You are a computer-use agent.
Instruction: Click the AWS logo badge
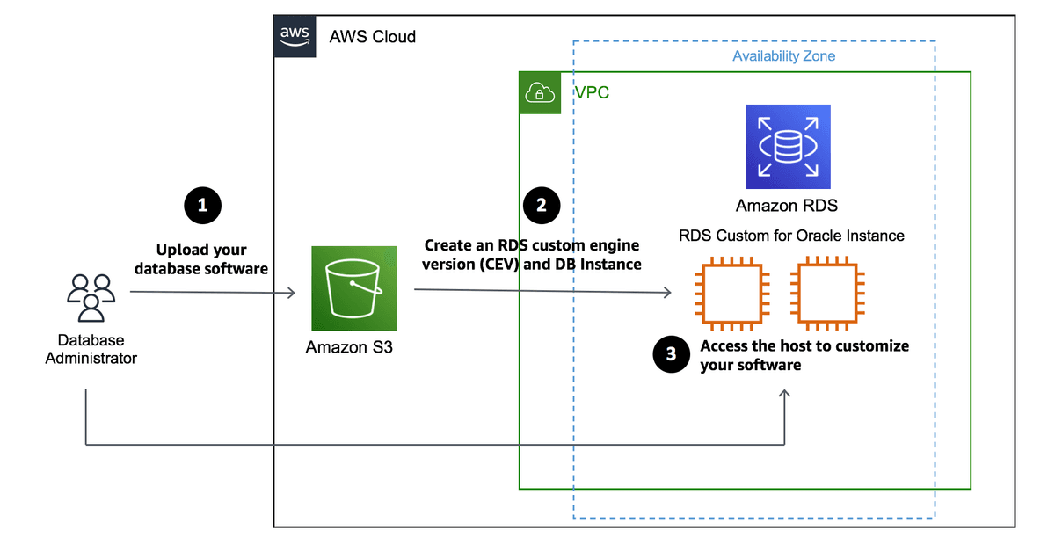[x=295, y=36]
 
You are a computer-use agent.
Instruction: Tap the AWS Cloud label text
[x=372, y=37]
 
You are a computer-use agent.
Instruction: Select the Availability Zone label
[x=783, y=56]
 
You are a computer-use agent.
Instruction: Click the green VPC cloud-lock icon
[x=540, y=93]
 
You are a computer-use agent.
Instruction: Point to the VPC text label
[x=592, y=92]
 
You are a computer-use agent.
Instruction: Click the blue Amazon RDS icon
[x=788, y=147]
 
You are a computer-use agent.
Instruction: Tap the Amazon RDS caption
[x=787, y=206]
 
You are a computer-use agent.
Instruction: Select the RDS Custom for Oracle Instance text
[x=791, y=236]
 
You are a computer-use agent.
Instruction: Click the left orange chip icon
[x=731, y=293]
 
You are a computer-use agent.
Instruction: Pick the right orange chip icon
[x=828, y=293]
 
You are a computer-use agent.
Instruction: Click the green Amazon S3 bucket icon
[x=353, y=288]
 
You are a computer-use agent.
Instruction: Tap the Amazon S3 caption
[x=349, y=347]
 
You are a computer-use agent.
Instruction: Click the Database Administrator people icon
[x=91, y=298]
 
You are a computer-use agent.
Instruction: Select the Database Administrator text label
[x=91, y=349]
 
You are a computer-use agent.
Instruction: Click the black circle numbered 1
[x=202, y=206]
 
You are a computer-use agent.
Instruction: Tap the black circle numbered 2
[x=542, y=206]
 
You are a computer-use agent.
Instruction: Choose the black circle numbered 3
[x=671, y=354]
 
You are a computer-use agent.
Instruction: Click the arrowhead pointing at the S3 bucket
[x=292, y=293]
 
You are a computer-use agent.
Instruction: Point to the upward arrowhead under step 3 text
[x=784, y=393]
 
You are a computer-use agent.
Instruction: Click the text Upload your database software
[x=201, y=259]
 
